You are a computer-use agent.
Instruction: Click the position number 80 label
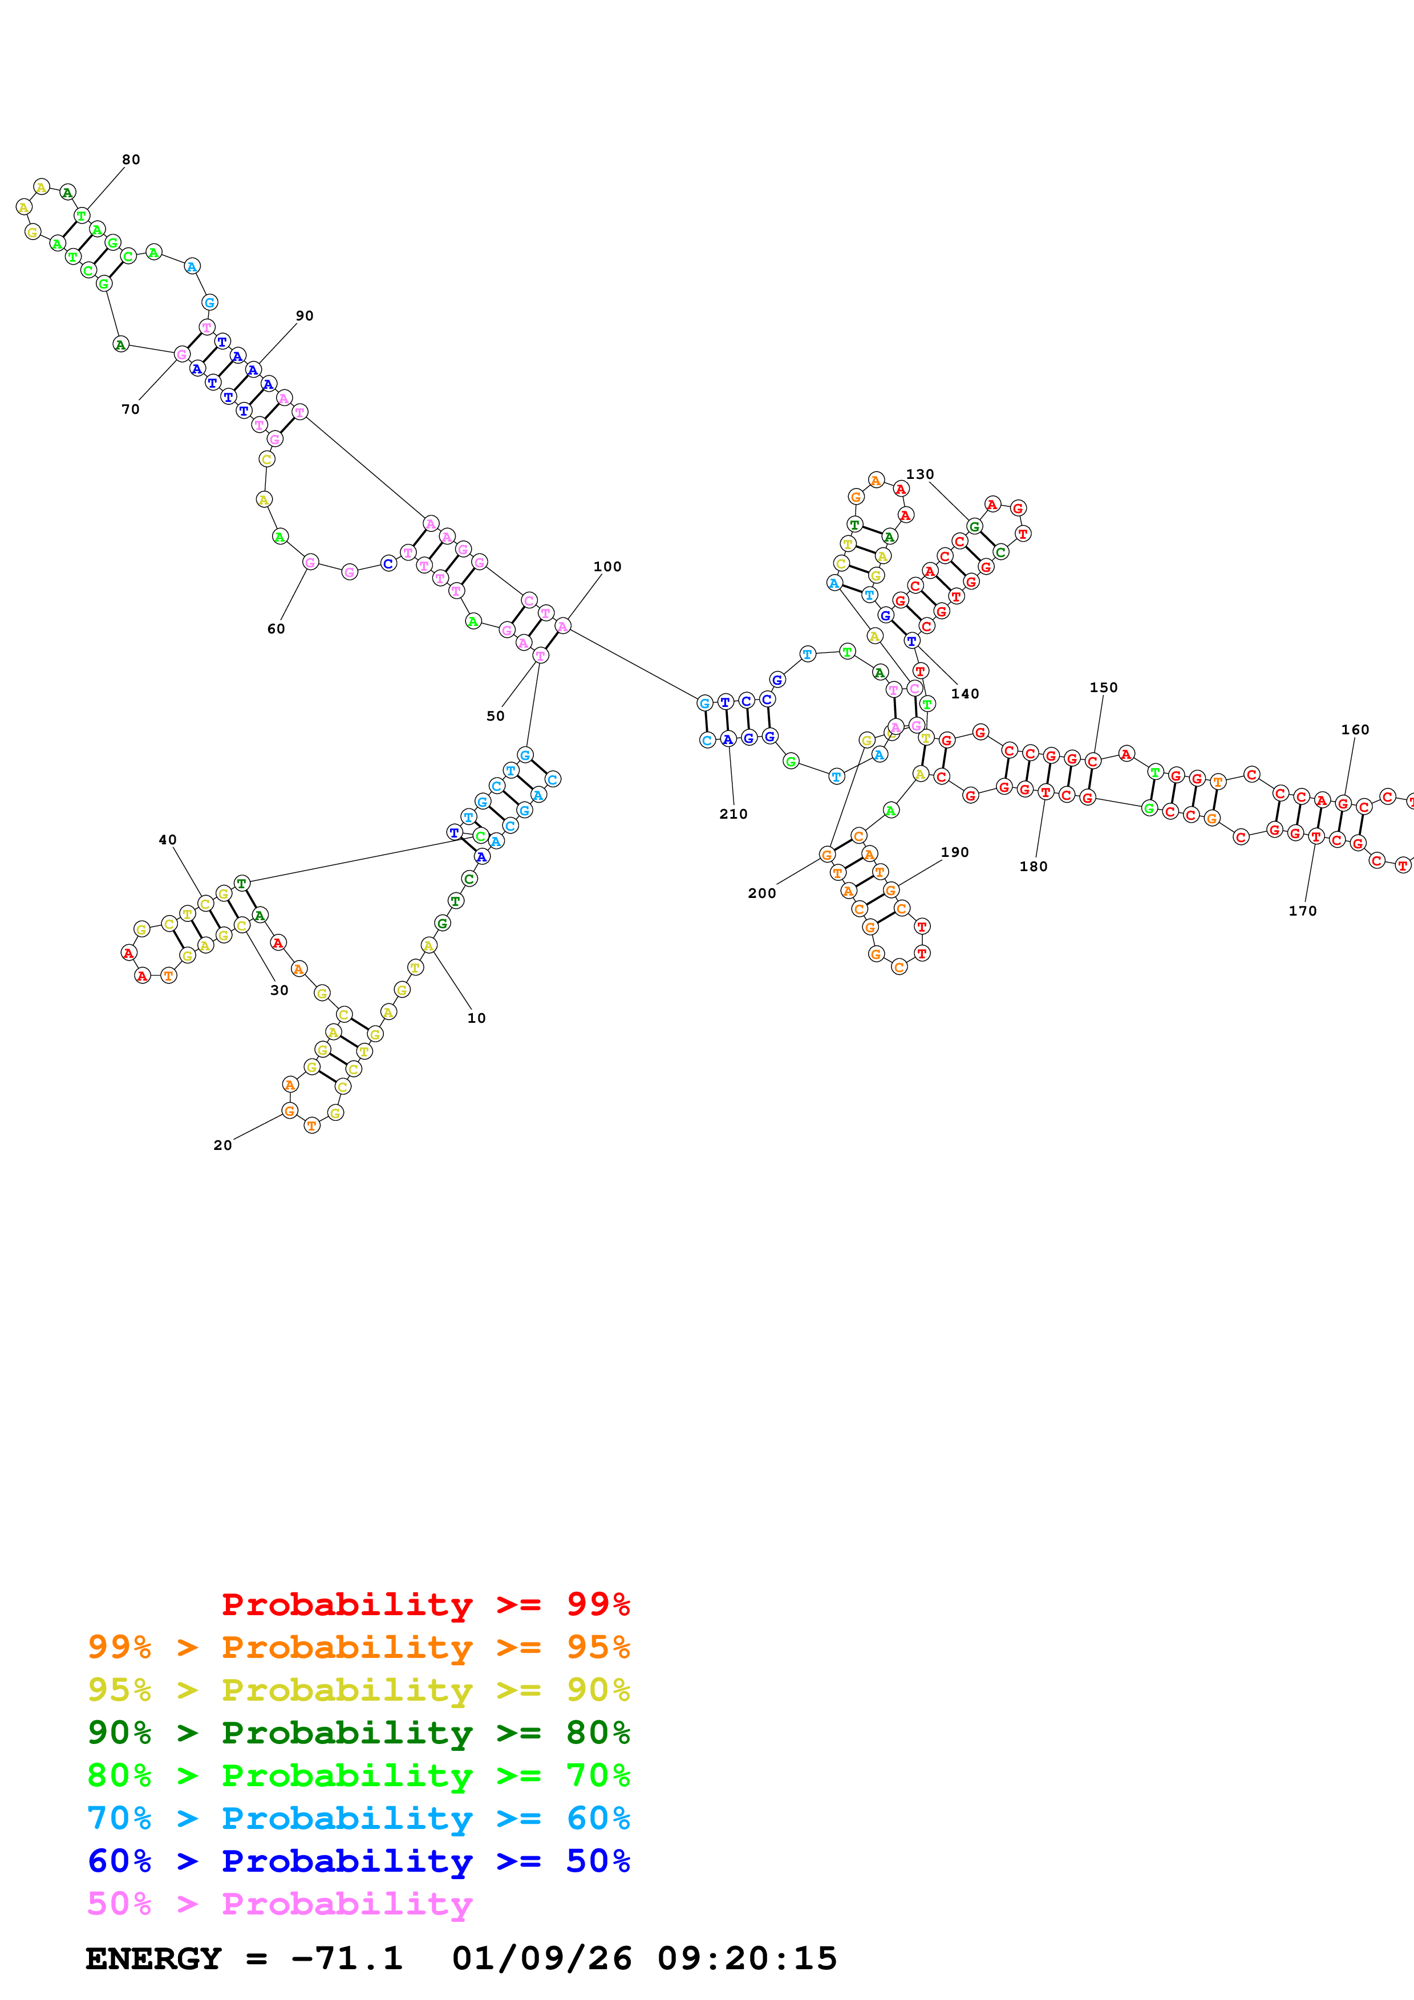(x=131, y=160)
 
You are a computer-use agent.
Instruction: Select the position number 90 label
(x=304, y=315)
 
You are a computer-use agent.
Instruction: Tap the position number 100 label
(x=607, y=566)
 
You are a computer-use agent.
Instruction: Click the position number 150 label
(x=1103, y=687)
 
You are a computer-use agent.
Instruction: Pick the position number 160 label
(x=1355, y=729)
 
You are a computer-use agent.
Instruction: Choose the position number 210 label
(x=733, y=814)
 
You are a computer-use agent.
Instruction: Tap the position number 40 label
(x=167, y=840)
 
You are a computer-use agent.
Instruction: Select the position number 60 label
(x=275, y=628)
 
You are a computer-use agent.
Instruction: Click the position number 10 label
(x=476, y=1018)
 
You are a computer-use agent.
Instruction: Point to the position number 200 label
(x=761, y=893)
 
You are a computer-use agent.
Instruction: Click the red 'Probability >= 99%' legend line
(x=425, y=1604)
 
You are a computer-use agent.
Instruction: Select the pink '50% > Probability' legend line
(x=279, y=1903)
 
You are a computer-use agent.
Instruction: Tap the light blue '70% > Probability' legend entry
(x=358, y=1818)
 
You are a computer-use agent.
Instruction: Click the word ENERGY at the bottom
(x=153, y=1958)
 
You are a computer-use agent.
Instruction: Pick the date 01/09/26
(x=541, y=1958)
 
